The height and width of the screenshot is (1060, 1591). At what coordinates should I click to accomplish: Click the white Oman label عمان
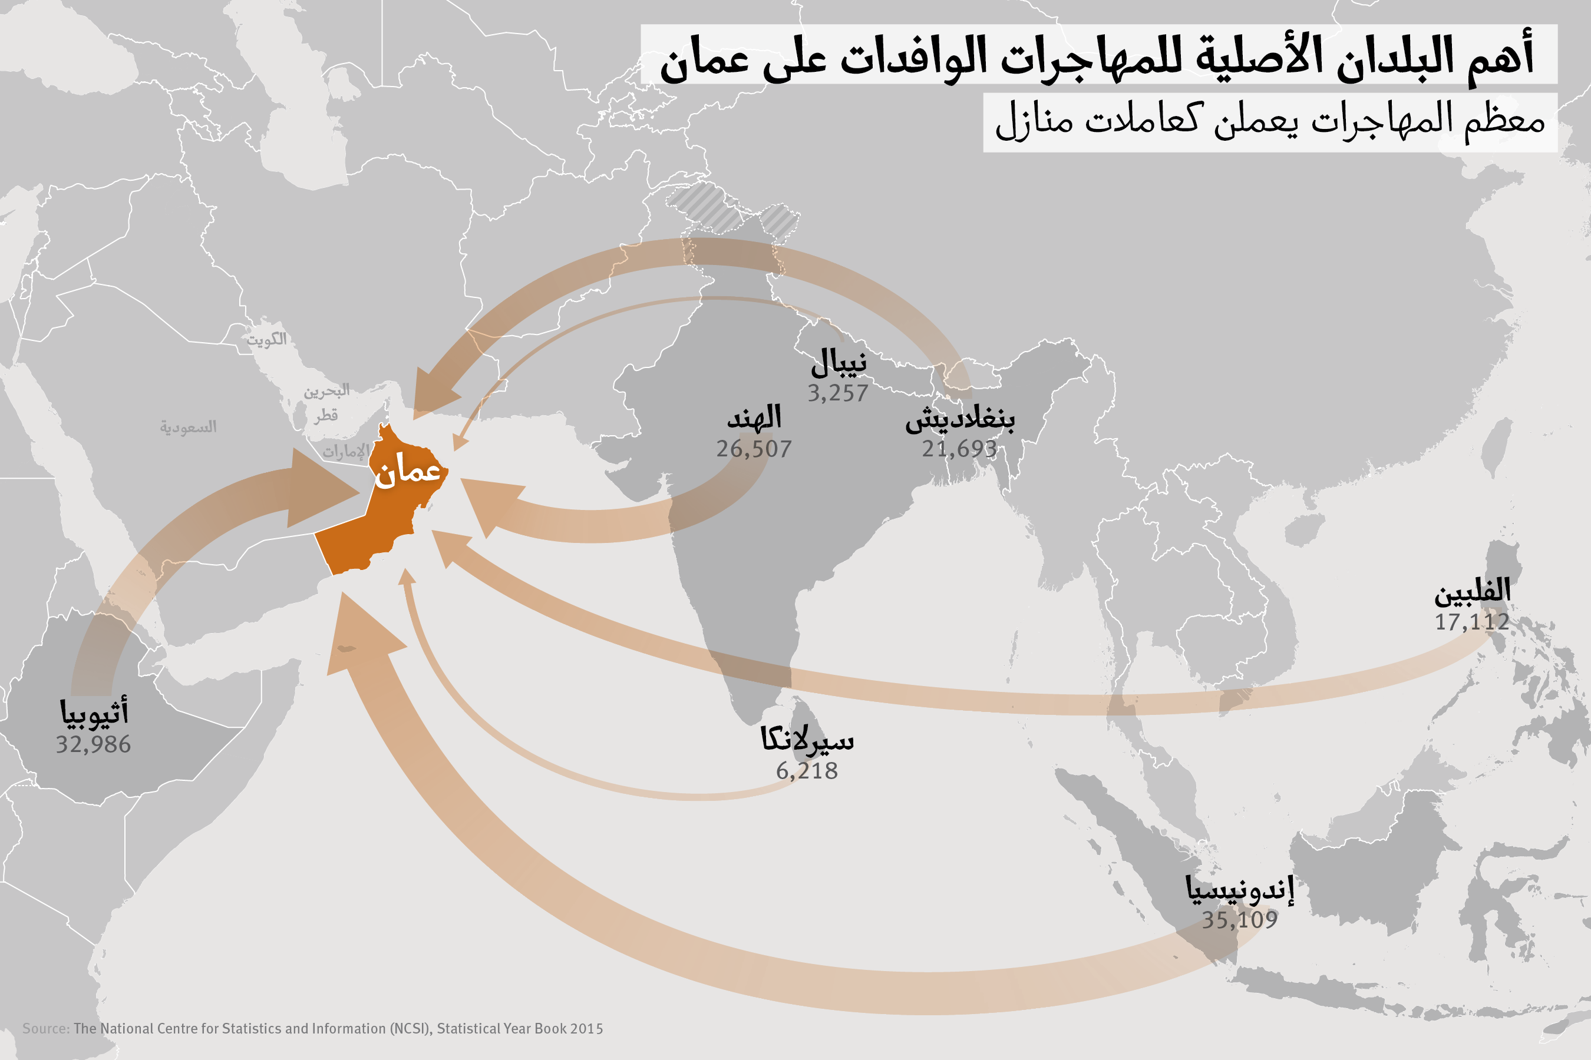408,471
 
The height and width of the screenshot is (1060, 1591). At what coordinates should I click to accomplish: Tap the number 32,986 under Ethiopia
93,744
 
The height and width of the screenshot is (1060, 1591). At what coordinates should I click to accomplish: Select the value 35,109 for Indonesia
1239,919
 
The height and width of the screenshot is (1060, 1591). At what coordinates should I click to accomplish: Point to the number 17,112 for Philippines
1472,622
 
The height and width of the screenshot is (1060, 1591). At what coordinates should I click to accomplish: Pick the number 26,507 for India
754,449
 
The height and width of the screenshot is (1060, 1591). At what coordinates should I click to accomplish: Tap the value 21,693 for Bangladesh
959,449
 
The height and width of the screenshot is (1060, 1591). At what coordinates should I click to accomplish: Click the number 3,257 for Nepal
837,393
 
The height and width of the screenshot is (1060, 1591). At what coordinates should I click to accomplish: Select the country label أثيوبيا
94,713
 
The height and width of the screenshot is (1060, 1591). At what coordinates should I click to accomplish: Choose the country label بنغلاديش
960,419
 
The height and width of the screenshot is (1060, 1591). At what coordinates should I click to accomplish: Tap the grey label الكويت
266,339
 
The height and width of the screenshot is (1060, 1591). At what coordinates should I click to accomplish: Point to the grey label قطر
325,415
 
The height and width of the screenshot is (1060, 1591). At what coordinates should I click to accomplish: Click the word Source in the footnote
45,1028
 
